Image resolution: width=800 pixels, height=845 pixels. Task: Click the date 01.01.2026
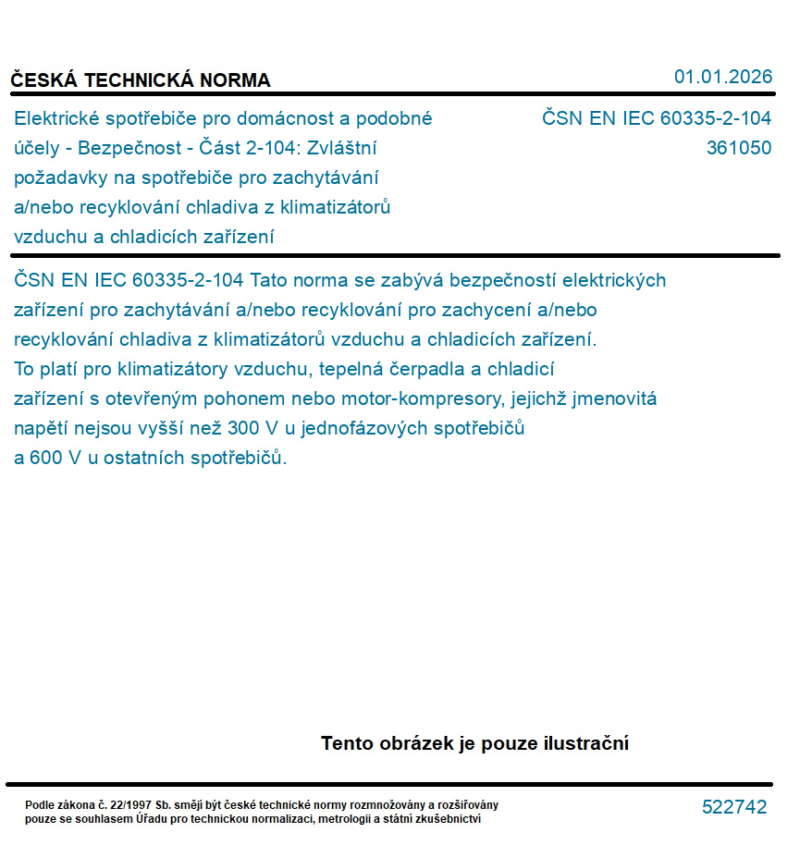point(722,77)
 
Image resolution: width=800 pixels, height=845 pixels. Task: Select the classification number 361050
point(738,148)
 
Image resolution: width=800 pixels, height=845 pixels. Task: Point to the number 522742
point(734,807)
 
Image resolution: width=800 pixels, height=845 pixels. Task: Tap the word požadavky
point(55,178)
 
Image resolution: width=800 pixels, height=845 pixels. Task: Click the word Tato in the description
point(272,280)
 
